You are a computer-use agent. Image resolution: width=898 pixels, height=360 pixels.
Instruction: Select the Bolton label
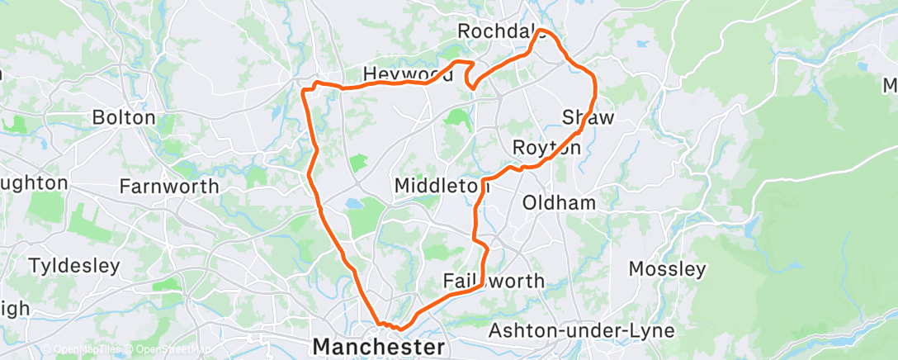[124, 117]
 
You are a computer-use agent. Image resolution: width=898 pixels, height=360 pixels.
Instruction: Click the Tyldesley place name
[74, 266]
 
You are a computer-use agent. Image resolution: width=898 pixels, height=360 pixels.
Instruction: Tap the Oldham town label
[560, 202]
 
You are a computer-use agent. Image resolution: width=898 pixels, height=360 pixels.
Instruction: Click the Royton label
[546, 148]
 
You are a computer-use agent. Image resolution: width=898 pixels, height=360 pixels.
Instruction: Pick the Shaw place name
[588, 117]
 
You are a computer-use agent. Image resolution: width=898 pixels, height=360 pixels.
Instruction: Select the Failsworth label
[494, 281]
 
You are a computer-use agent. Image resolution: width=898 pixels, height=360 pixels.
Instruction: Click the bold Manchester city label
[379, 345]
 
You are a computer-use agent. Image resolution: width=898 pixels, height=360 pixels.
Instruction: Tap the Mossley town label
[667, 268]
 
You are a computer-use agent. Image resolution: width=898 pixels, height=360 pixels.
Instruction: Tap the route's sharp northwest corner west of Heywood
[305, 89]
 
